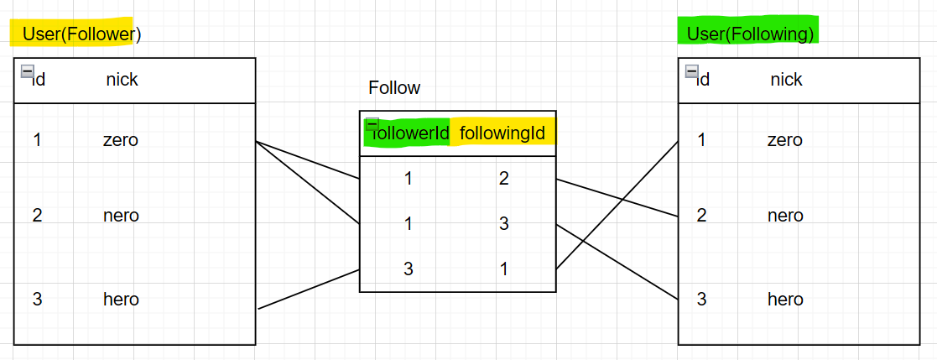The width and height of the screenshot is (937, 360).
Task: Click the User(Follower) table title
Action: click(x=81, y=34)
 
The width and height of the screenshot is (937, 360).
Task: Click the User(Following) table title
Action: click(x=750, y=34)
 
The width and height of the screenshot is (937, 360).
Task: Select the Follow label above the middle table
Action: click(x=394, y=88)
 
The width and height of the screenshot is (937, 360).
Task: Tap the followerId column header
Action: click(x=410, y=133)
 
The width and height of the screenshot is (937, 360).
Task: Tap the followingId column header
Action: click(x=502, y=133)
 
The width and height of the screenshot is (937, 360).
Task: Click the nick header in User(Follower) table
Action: click(x=122, y=80)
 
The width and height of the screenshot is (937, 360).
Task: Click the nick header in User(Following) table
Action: click(x=786, y=80)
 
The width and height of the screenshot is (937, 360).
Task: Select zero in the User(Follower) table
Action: click(x=120, y=140)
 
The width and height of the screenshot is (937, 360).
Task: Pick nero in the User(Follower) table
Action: click(x=121, y=216)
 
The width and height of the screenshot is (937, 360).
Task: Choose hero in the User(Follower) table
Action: click(x=121, y=299)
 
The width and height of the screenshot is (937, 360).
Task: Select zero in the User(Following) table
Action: click(x=784, y=140)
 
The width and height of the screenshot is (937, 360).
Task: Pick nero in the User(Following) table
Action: click(x=785, y=216)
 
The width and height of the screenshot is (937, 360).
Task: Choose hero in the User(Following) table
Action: click(x=785, y=299)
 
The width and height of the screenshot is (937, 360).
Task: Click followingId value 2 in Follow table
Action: click(x=504, y=178)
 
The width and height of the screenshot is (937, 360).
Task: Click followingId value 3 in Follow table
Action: click(x=504, y=224)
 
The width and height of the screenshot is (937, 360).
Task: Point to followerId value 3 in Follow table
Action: click(x=409, y=269)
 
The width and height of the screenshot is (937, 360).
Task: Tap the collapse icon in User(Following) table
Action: click(x=691, y=71)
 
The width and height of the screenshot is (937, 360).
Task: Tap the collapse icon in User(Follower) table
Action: click(x=27, y=71)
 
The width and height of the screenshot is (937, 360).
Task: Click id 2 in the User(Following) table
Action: click(x=701, y=216)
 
